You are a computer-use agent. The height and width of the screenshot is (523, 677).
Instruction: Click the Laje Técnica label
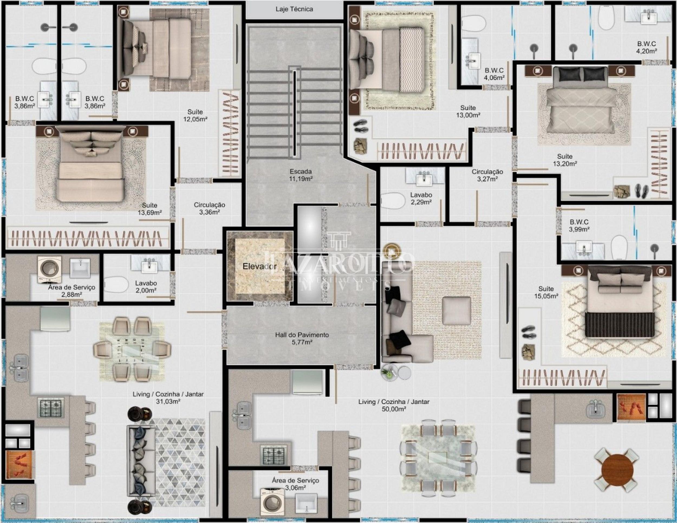[x=294, y=9]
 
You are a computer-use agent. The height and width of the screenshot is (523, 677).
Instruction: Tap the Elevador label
[x=260, y=266]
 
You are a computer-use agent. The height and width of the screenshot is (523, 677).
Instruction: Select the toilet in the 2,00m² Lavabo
[x=116, y=285]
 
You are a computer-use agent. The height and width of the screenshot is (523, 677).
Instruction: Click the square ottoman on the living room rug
[x=456, y=311]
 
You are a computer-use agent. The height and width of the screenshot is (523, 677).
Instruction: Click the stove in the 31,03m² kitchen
[x=51, y=407]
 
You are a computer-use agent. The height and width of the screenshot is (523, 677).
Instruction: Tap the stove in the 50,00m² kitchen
[x=274, y=455]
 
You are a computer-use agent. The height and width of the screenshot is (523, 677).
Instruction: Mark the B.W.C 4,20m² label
[x=646, y=47]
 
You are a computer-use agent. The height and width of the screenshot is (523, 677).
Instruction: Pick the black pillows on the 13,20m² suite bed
[x=581, y=75]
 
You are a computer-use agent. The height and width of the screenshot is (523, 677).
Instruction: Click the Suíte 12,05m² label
[x=195, y=115]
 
